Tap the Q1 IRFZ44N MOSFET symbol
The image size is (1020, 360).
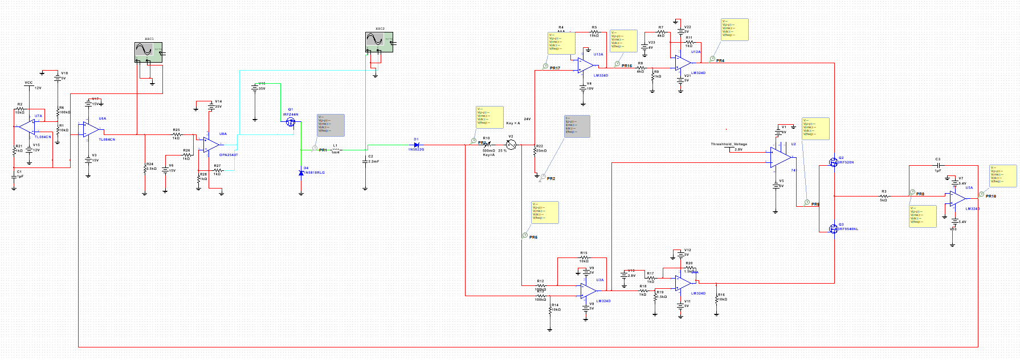pos(291,121)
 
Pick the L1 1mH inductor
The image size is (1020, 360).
pos(336,150)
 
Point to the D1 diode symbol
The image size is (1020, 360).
pos(417,145)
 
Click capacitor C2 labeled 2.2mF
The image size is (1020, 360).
pos(365,161)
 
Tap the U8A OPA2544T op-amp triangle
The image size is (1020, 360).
pos(211,145)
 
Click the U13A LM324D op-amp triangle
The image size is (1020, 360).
pos(586,66)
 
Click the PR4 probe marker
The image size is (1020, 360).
pos(712,59)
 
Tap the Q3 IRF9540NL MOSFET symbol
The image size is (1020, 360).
pos(833,228)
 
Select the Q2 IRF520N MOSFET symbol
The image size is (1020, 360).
pos(833,162)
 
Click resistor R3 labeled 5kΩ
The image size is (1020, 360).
pos(884,196)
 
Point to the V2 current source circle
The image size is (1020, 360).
pos(511,145)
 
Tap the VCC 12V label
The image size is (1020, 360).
pos(28,83)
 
